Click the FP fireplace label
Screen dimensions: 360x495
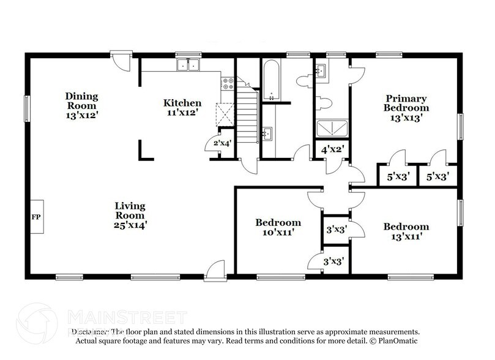tap(35, 217)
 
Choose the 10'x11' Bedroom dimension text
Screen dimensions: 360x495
tap(278, 233)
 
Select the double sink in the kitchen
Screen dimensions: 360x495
tap(188, 64)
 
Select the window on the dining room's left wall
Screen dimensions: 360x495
tap(26, 109)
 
